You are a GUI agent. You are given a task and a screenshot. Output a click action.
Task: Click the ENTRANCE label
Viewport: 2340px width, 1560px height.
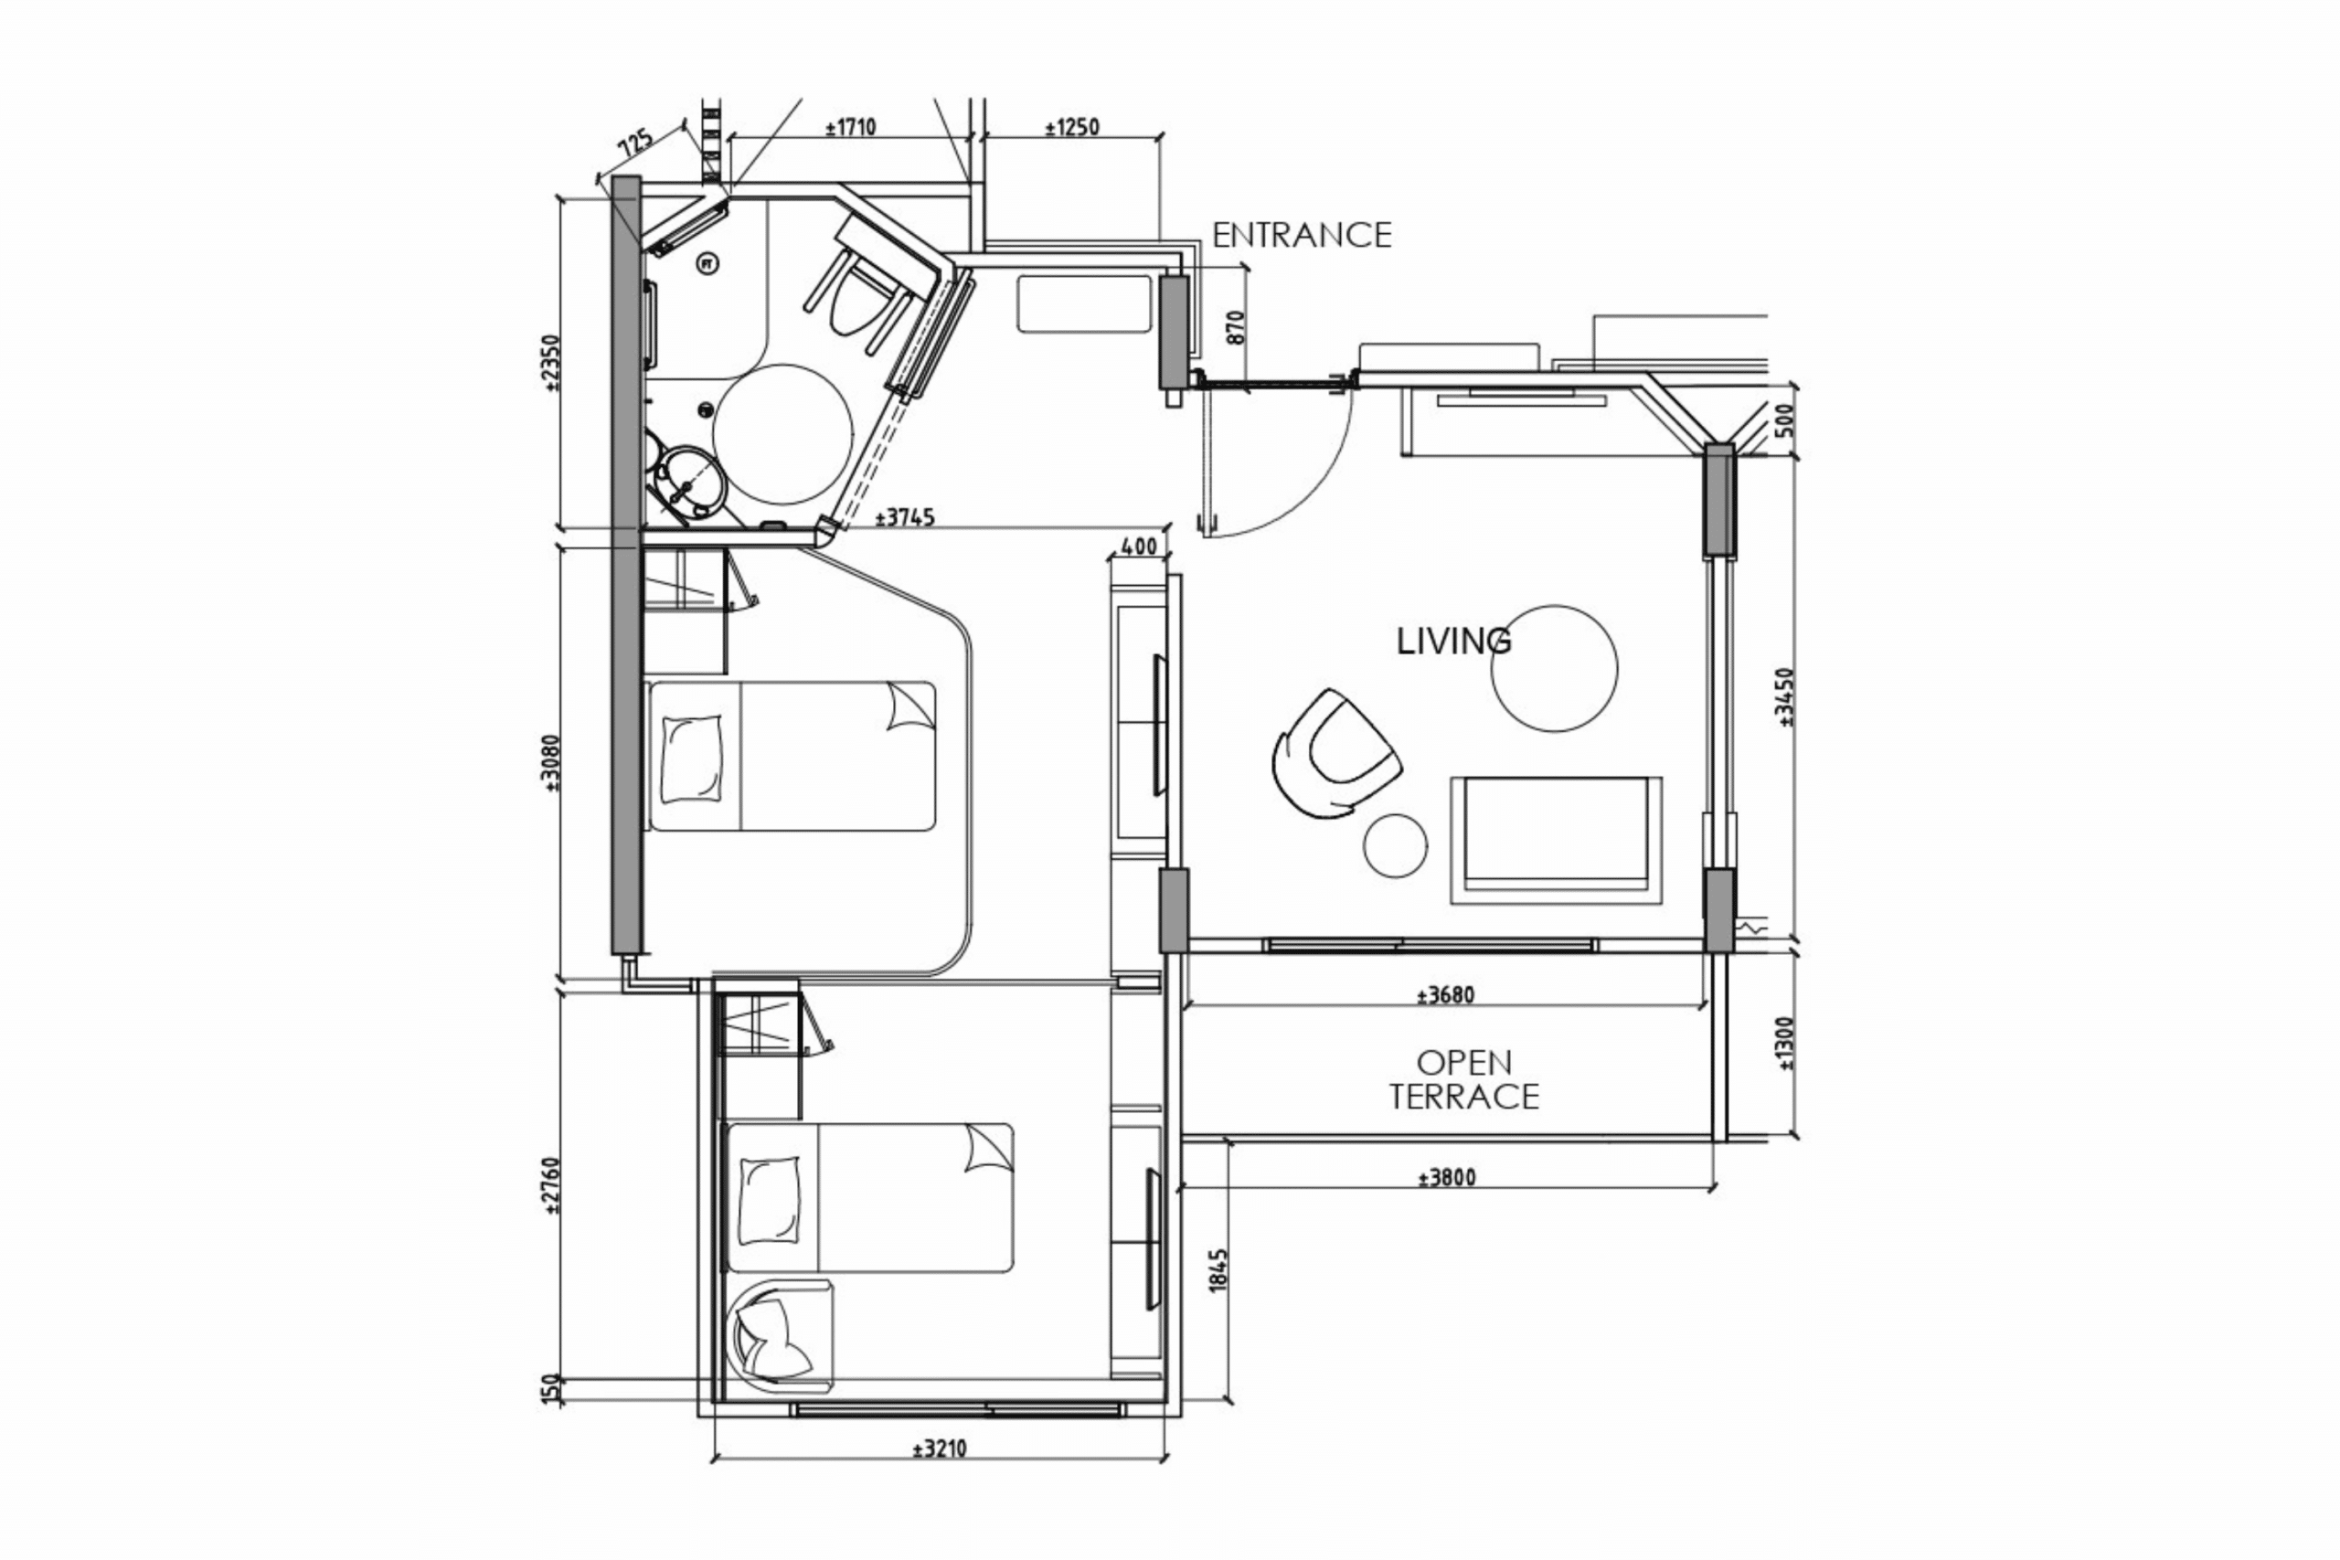(x=1302, y=235)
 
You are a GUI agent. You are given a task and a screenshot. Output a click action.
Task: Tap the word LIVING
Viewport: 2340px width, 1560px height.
(x=1453, y=642)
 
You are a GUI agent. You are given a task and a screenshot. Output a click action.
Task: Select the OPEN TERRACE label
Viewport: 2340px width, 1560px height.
(x=1463, y=1079)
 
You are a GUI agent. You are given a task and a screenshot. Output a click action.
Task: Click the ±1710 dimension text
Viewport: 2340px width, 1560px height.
(x=851, y=127)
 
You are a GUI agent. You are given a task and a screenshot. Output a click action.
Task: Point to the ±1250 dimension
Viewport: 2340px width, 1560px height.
(x=1072, y=127)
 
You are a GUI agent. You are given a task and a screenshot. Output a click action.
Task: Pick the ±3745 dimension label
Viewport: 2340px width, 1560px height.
(x=904, y=518)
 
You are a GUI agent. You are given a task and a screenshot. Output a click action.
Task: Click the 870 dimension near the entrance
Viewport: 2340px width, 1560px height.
(x=1236, y=327)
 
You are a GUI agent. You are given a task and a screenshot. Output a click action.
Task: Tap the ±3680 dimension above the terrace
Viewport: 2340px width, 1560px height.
(x=1445, y=995)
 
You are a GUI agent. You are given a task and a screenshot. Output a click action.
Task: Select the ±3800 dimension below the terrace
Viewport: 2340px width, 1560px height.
(x=1447, y=1178)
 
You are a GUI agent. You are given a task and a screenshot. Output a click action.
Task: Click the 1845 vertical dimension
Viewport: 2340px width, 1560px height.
(x=1219, y=1270)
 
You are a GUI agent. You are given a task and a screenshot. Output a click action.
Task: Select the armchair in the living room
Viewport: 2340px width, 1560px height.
(x=1336, y=753)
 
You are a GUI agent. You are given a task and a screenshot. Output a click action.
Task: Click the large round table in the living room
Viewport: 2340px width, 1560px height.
(x=1554, y=669)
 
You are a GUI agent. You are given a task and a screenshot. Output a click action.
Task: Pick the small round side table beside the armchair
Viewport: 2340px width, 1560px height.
(x=1395, y=845)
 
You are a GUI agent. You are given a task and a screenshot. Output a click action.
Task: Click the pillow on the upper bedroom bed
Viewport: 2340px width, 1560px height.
(x=690, y=759)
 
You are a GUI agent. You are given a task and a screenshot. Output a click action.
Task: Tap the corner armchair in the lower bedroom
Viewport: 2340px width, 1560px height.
(x=781, y=1334)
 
